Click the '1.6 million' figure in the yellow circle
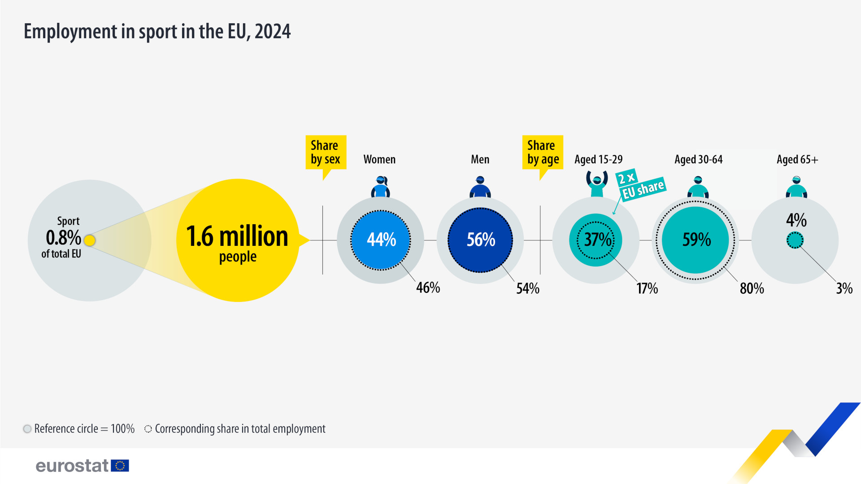click(x=237, y=236)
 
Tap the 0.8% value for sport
click(x=63, y=237)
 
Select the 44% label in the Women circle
click(x=381, y=240)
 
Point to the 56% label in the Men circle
click(x=481, y=240)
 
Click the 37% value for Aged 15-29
click(x=597, y=240)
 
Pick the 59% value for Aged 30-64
click(x=696, y=240)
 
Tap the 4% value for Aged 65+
click(x=796, y=220)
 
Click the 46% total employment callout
click(x=428, y=288)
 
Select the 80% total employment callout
click(x=752, y=288)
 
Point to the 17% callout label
click(x=647, y=288)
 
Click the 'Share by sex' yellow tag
click(x=326, y=152)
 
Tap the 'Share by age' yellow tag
click(x=543, y=152)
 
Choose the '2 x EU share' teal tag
click(x=640, y=184)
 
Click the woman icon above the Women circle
click(x=380, y=187)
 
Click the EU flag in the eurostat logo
click(x=120, y=466)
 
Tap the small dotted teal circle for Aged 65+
click(x=795, y=240)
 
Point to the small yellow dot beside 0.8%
click(x=90, y=240)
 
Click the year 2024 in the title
click(x=273, y=31)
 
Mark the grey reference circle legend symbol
click(x=27, y=429)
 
